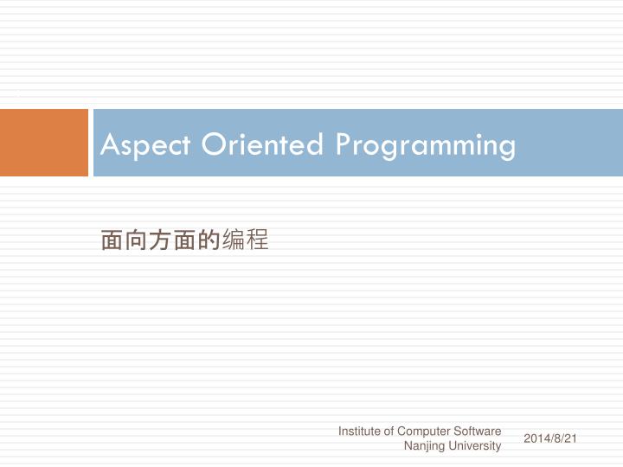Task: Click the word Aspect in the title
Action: coord(146,144)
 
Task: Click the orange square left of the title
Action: coord(43,143)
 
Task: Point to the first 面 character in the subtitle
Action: coord(112,240)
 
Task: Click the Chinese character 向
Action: coord(136,240)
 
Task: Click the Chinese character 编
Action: coord(233,240)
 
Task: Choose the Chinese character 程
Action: coord(257,240)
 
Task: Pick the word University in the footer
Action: coord(475,446)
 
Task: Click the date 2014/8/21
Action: coord(550,438)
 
